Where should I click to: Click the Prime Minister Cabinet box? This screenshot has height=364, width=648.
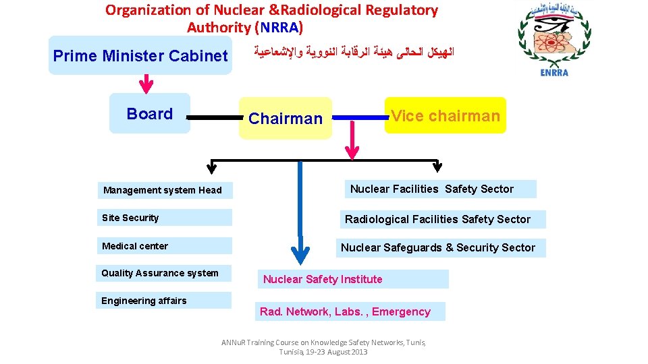pyautogui.click(x=140, y=56)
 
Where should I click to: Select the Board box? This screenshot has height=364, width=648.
pyautogui.click(x=150, y=114)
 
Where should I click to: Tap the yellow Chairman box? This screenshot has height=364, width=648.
pyautogui.click(x=286, y=119)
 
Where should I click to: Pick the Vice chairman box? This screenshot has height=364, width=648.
pyautogui.click(x=446, y=116)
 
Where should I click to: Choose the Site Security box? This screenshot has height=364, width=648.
pyautogui.click(x=164, y=218)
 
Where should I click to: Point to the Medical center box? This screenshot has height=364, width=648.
pyautogui.click(x=164, y=246)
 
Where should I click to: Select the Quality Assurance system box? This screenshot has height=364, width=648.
pyautogui.click(x=164, y=273)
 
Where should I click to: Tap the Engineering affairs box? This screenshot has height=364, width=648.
pyautogui.click(x=164, y=301)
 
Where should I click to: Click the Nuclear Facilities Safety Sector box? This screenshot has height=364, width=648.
pyautogui.click(x=441, y=189)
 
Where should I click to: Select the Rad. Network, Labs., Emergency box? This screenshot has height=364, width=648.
pyautogui.click(x=350, y=311)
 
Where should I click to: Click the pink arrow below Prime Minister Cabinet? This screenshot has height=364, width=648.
pyautogui.click(x=146, y=84)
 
